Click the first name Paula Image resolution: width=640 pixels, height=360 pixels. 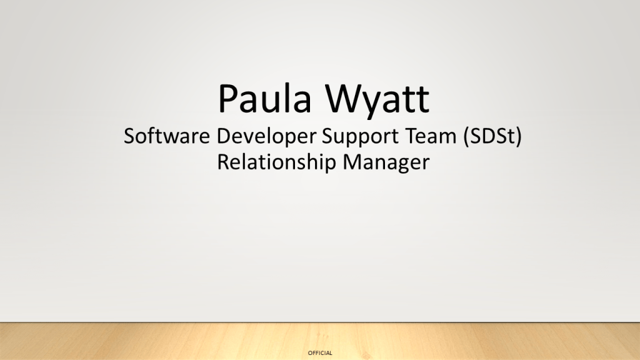(265, 98)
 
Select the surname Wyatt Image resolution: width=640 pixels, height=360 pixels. (377, 101)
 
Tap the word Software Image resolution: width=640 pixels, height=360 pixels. (167, 136)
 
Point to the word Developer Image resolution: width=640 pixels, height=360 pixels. (266, 137)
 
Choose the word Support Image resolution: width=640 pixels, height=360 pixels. (361, 137)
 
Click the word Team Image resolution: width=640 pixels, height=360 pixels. (431, 136)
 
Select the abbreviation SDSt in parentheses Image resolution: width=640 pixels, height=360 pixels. (492, 136)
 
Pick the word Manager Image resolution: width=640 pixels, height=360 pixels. (386, 163)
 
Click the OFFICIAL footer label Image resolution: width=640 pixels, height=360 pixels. (320, 353)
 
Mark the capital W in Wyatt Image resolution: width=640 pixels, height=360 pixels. (344, 98)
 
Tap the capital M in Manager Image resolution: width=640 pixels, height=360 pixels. (352, 162)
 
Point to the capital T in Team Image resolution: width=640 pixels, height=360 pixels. (411, 136)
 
